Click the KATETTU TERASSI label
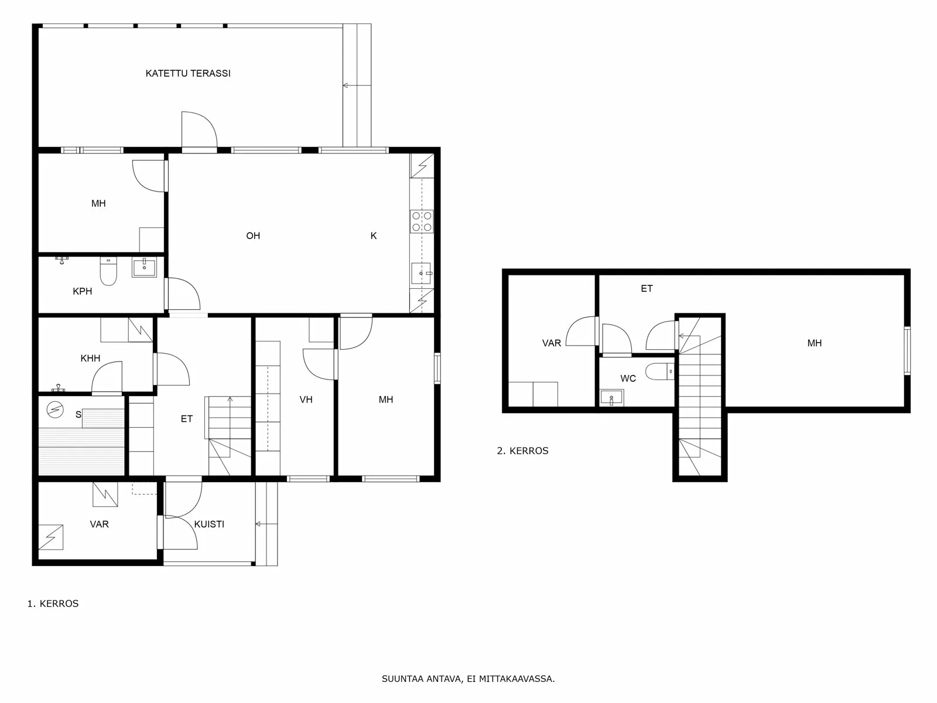188,73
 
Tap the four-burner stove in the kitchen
422,221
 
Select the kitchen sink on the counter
421,273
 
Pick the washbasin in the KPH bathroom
144,267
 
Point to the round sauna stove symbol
55,410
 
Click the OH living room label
253,236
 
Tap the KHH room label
91,358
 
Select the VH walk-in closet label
306,400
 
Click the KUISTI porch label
209,524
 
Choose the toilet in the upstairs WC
659,371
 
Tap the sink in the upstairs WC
611,397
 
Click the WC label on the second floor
628,378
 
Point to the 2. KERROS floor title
522,451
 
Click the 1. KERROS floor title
53,603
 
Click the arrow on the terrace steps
357,86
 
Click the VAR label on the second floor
552,343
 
